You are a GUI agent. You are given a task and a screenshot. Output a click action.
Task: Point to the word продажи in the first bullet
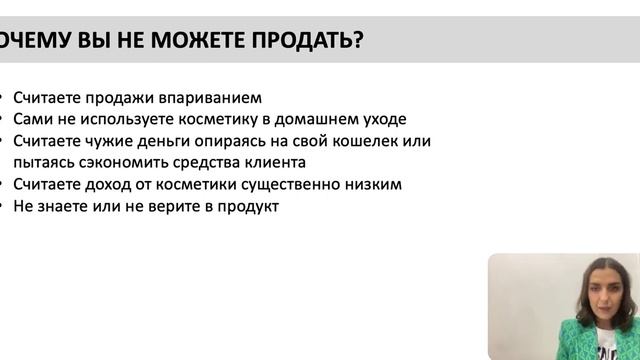(x=122, y=98)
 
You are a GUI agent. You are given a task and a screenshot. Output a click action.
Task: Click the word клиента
(x=277, y=162)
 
